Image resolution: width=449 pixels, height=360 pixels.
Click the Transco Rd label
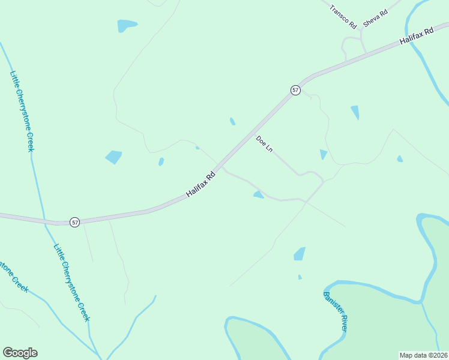343,17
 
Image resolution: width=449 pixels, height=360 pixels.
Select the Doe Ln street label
264,144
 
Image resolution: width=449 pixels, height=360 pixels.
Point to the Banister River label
335,311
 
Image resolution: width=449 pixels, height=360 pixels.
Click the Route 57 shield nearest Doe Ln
295,90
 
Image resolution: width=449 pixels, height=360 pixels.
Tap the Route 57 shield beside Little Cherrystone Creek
74,222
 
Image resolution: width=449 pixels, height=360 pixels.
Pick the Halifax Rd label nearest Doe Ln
200,185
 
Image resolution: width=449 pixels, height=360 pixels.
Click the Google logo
20,353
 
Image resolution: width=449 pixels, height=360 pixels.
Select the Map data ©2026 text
423,355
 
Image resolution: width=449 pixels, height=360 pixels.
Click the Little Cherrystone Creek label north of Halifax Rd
22,112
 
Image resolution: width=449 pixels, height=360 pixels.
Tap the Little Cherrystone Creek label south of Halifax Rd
71,282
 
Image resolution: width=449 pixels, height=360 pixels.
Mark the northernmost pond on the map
126,26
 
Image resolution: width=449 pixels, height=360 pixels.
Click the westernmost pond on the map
113,157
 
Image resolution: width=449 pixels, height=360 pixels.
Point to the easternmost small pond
400,159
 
